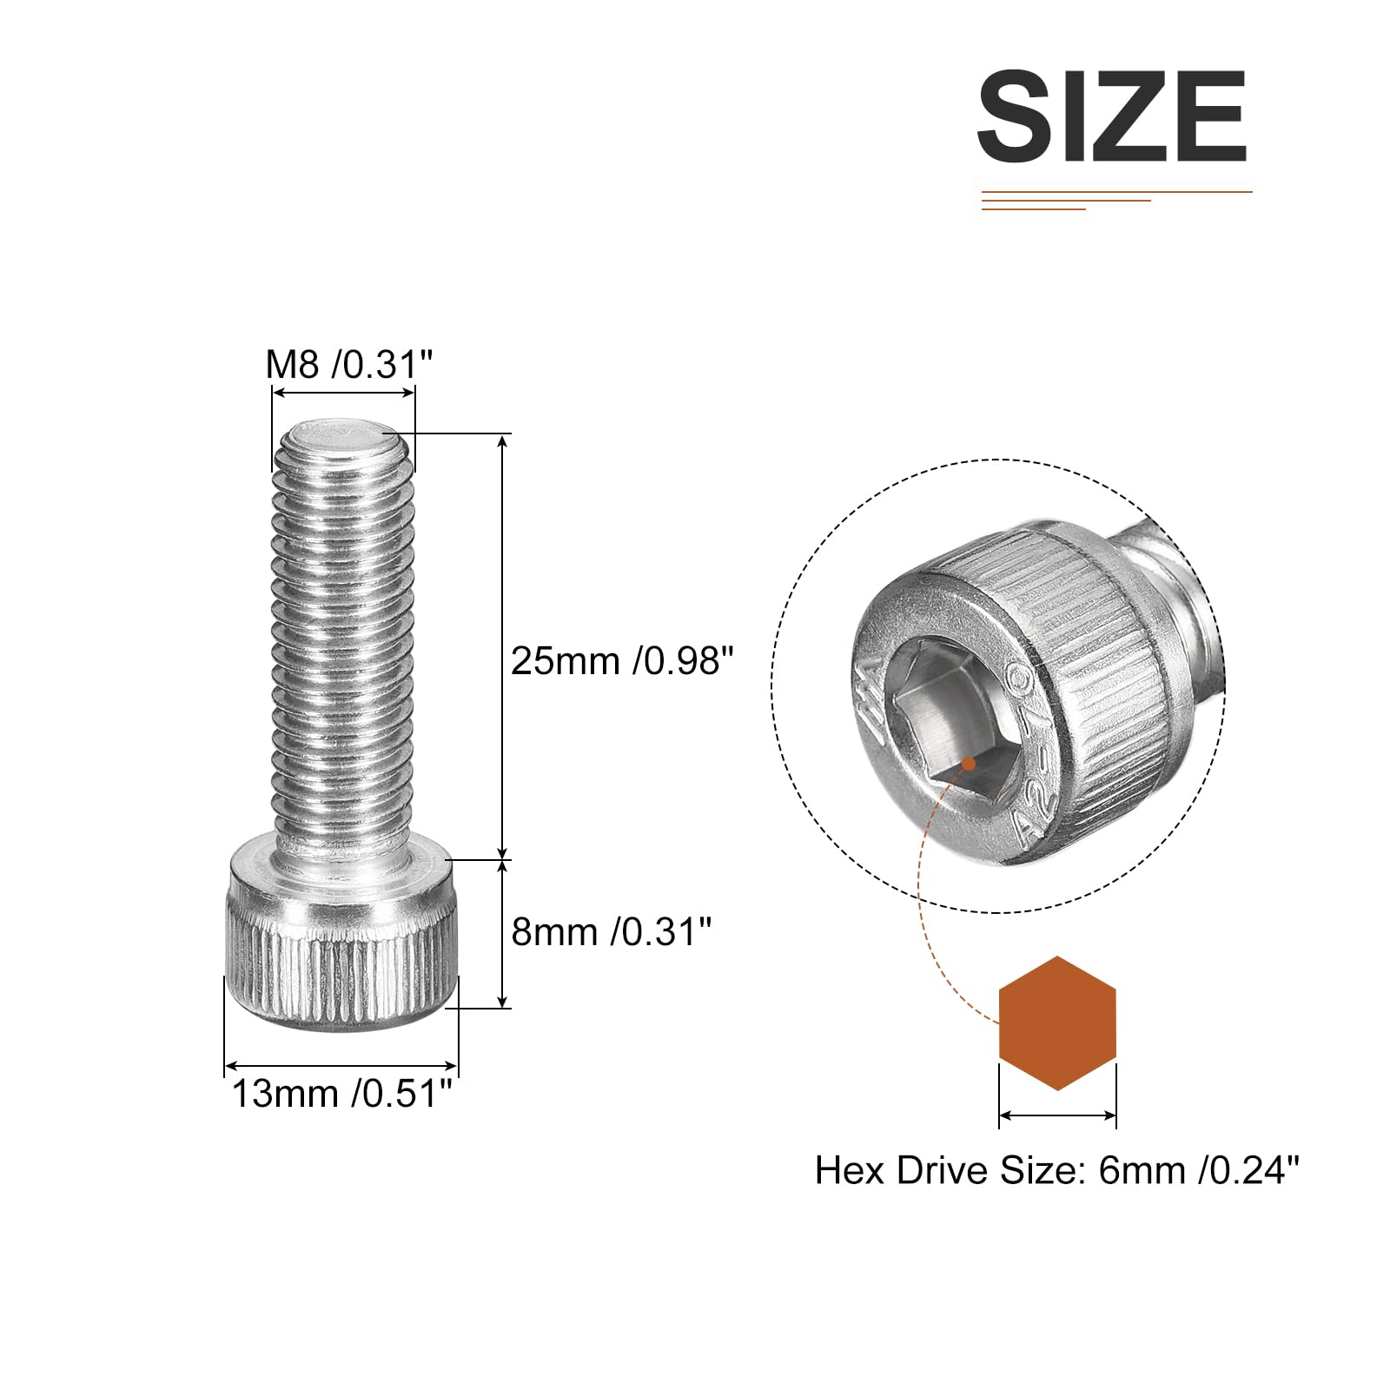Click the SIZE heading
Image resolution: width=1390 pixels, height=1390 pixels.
point(1112,116)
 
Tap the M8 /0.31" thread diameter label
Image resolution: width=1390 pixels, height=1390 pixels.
point(348,364)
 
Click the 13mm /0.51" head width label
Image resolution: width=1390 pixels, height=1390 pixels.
point(341,1093)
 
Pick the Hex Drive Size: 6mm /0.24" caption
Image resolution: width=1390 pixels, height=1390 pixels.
point(1057,1170)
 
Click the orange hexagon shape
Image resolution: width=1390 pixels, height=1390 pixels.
point(1057,1023)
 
